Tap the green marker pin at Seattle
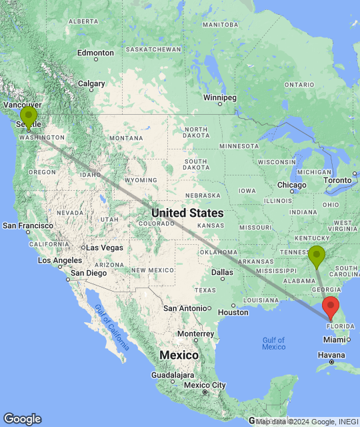[29, 117]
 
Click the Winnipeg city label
[220, 97]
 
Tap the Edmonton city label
[95, 53]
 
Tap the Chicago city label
[291, 185]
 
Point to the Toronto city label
[337, 180]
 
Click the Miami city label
[335, 339]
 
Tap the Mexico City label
[205, 385]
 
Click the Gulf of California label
[111, 326]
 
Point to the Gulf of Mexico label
[273, 343]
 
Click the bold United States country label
[187, 213]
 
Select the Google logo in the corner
[22, 419]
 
